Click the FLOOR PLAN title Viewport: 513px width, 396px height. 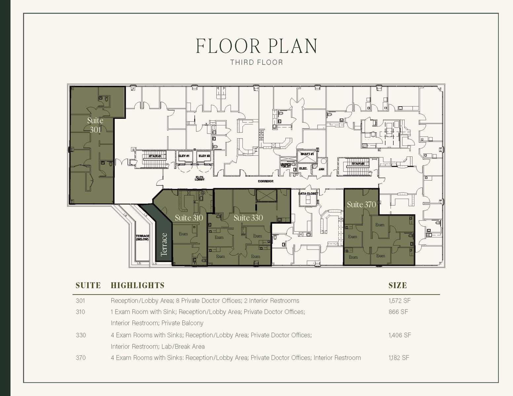tap(256, 46)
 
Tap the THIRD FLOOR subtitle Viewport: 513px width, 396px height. tap(256, 62)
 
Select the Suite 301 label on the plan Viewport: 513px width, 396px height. tap(95, 125)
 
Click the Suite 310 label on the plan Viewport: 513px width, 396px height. tap(189, 218)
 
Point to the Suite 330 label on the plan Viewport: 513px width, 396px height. tap(248, 218)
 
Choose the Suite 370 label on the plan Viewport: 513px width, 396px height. tap(361, 205)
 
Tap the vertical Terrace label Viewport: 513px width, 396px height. tap(164, 245)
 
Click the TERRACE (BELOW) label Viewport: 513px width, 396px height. tap(142, 238)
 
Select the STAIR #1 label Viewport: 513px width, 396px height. tap(155, 156)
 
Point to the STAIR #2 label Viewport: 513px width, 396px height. tap(358, 164)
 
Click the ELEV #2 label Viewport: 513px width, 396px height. tap(204, 156)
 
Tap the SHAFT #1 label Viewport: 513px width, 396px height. tap(307, 154)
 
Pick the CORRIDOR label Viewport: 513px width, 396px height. tap(266, 181)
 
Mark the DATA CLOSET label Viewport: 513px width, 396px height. tap(308, 194)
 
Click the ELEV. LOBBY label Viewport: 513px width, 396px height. tap(200, 179)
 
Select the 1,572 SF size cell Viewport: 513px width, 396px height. tap(399, 301)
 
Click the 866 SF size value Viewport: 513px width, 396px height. tap(398, 312)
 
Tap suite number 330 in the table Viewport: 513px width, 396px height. tap(81, 335)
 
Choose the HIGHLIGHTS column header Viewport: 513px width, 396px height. tap(137, 285)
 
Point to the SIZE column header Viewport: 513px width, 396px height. tap(397, 285)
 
